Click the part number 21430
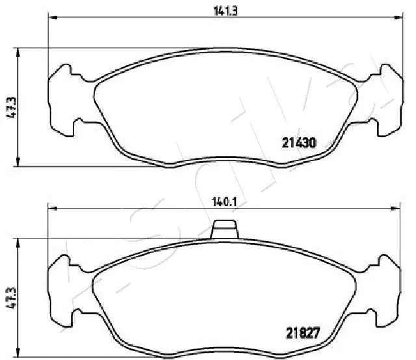point(298,142)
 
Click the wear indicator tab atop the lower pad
point(225,229)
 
